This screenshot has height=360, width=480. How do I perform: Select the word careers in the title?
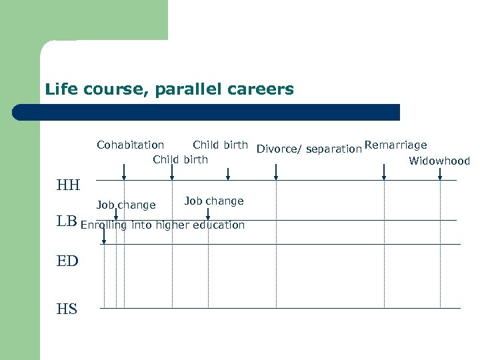click(x=263, y=89)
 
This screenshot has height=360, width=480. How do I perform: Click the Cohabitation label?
click(x=130, y=145)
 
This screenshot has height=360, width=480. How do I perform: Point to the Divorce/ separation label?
click(x=309, y=149)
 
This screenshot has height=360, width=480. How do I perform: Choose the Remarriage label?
click(x=396, y=145)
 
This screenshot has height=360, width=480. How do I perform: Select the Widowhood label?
click(x=439, y=161)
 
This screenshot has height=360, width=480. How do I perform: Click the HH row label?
click(x=68, y=185)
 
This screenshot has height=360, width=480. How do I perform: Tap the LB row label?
click(x=67, y=222)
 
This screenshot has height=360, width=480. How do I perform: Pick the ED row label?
click(x=67, y=261)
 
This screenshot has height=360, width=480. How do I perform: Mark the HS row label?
click(x=67, y=309)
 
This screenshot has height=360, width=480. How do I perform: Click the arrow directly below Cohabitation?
click(x=124, y=172)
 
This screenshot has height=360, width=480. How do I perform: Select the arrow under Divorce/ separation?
click(x=276, y=172)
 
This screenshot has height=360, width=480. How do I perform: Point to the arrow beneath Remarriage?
click(x=384, y=172)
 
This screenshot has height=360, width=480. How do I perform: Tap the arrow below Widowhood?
click(x=440, y=172)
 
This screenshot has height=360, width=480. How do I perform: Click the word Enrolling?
click(x=104, y=225)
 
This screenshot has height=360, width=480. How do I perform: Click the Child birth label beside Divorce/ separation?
click(x=220, y=145)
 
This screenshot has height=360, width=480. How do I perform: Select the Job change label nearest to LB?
click(x=126, y=205)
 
